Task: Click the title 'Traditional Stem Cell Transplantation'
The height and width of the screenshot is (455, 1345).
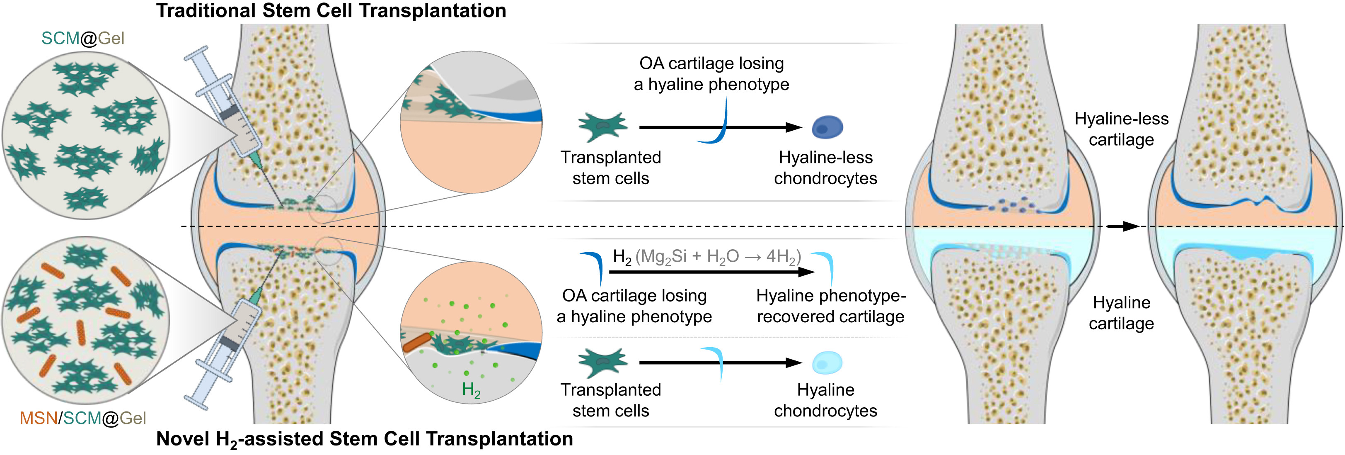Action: [x=331, y=11]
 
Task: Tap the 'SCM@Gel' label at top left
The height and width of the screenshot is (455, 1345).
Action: [x=82, y=38]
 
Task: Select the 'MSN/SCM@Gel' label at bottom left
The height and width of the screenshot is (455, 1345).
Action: [x=82, y=418]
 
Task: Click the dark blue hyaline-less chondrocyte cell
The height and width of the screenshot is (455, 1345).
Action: [x=827, y=127]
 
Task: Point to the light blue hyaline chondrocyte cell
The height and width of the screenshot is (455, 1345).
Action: [x=827, y=363]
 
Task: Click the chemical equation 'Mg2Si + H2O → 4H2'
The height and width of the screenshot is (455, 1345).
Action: [x=718, y=256]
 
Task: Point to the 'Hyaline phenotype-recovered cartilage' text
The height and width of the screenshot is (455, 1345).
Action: [x=830, y=306]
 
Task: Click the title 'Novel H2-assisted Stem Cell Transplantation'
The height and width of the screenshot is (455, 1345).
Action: [x=365, y=439]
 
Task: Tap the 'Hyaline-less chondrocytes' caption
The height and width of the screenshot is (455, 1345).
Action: [x=825, y=168]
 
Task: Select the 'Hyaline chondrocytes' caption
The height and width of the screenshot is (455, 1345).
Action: [x=825, y=400]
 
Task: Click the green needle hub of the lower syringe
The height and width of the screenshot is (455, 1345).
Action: [x=255, y=296]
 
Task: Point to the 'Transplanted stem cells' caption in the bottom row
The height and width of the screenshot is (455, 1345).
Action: [x=610, y=400]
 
